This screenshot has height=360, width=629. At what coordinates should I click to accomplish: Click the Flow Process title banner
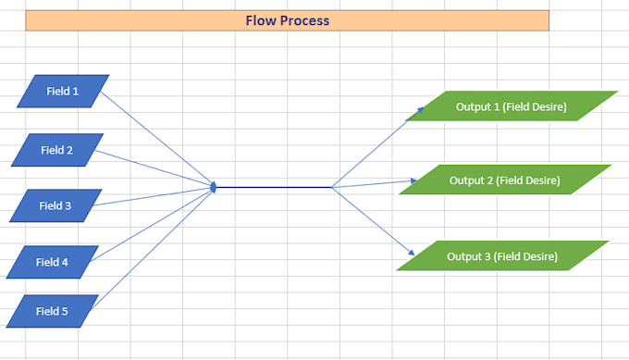[287, 20]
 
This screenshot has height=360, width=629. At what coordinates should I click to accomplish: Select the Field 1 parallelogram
[63, 92]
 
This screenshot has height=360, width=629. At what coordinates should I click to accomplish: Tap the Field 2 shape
[57, 150]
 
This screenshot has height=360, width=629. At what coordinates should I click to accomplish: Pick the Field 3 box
[55, 205]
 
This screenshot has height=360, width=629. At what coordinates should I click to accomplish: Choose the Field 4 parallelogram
[52, 262]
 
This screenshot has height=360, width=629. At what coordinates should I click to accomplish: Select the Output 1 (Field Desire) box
[511, 106]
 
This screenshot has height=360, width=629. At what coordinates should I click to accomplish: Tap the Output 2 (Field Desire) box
[504, 180]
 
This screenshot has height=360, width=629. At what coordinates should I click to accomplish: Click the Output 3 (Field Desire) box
[502, 256]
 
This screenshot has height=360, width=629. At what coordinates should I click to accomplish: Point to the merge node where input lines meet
[214, 188]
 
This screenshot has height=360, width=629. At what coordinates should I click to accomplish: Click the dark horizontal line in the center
[273, 188]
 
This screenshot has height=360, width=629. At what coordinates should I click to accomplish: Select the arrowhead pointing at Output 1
[408, 118]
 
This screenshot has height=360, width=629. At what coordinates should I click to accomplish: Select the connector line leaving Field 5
[153, 247]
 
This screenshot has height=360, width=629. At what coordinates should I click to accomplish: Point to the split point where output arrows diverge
[332, 188]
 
